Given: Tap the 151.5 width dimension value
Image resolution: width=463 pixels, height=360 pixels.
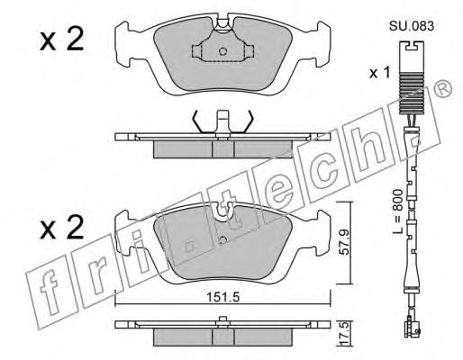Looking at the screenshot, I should click(x=222, y=291).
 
